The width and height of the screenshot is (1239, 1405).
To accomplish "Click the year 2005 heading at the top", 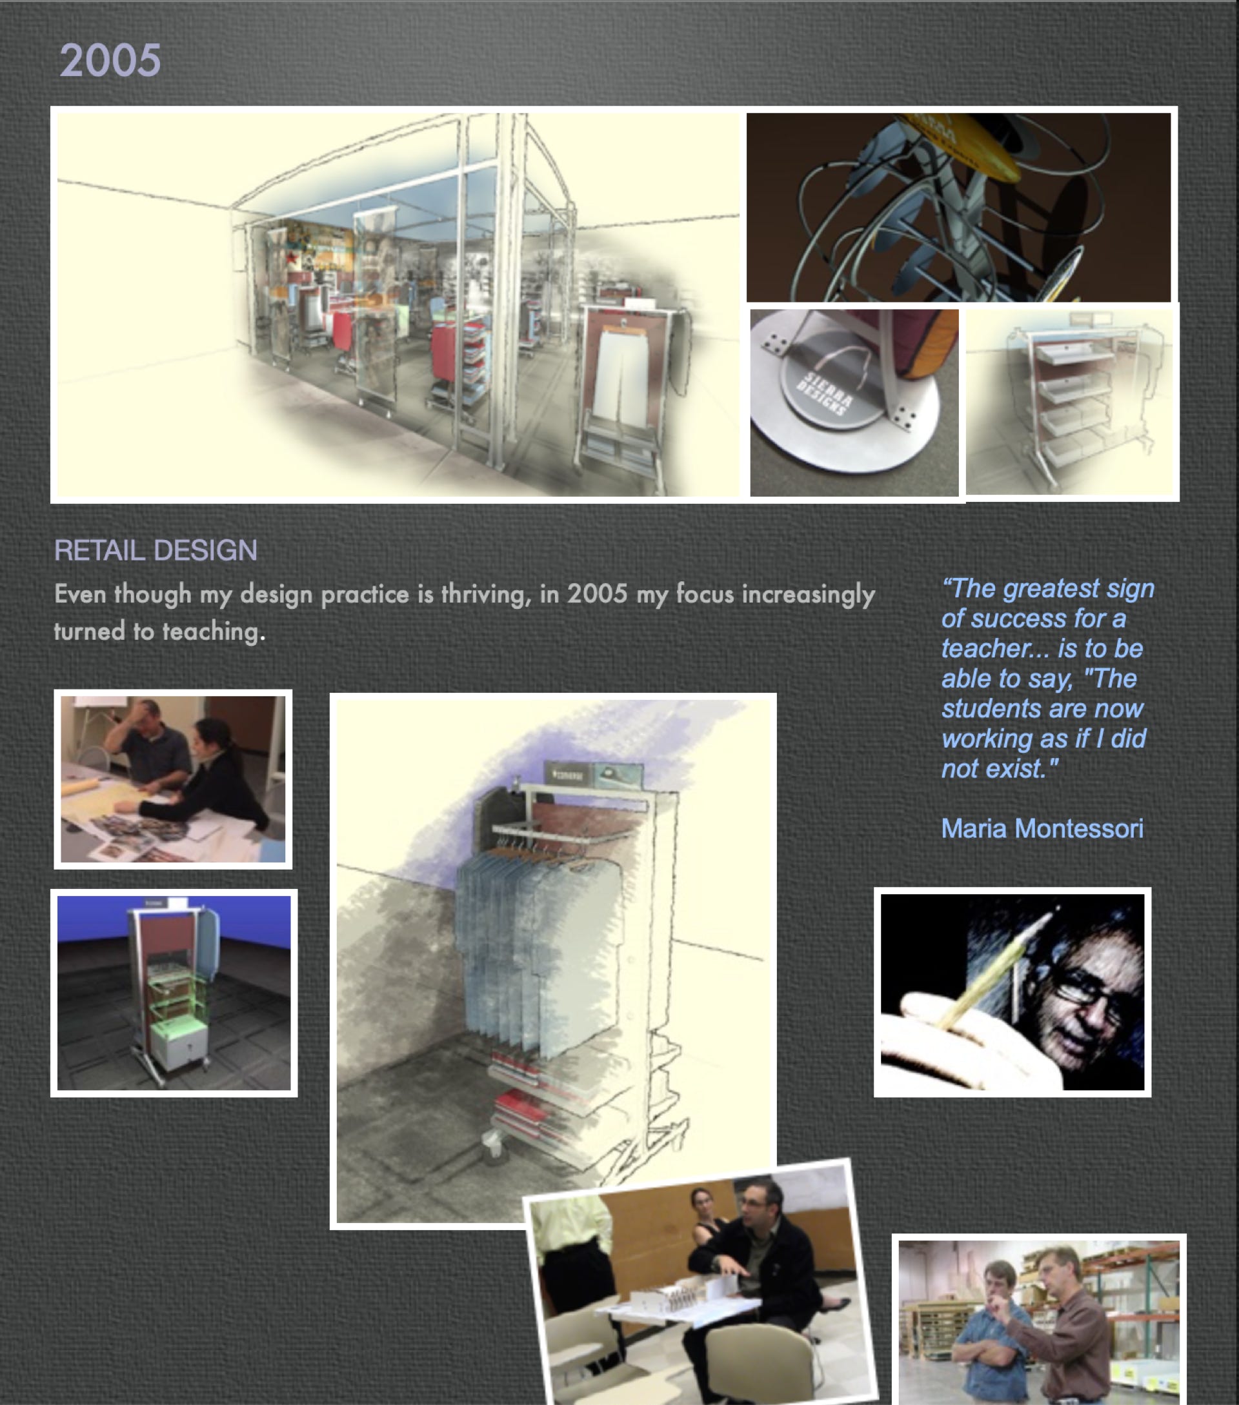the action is pyautogui.click(x=110, y=60).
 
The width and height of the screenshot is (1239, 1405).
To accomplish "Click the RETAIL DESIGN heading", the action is pyautogui.click(x=156, y=551).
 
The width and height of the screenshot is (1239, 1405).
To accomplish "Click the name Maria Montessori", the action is pyautogui.click(x=1042, y=828).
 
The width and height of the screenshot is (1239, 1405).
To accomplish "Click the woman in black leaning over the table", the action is pyautogui.click(x=206, y=784).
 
